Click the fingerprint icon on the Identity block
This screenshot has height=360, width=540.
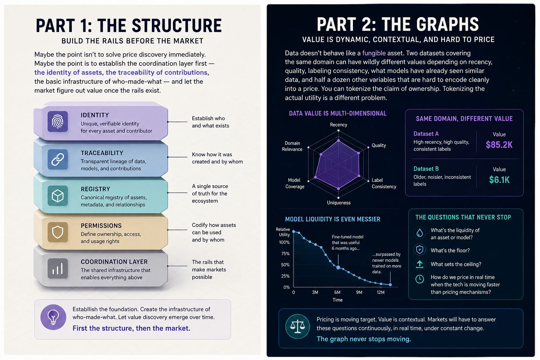[58, 121]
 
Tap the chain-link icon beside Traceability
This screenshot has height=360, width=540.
[58, 159]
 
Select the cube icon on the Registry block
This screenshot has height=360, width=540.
[58, 195]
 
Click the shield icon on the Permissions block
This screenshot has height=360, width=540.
[58, 232]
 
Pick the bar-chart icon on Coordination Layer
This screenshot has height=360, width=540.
[58, 268]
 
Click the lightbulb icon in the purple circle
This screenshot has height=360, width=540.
[53, 317]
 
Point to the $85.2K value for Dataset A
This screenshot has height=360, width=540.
[499, 145]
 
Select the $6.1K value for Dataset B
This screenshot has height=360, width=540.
[499, 180]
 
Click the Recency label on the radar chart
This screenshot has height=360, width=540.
[339, 125]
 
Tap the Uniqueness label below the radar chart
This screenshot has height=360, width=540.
[339, 202]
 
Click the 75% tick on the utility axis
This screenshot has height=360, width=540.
[285, 253]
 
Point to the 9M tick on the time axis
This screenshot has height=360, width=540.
[359, 292]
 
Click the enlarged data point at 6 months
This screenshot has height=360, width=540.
[338, 268]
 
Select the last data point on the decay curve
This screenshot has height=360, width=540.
[390, 284]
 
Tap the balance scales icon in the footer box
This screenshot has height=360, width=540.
[297, 327]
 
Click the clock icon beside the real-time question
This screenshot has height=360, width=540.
[420, 279]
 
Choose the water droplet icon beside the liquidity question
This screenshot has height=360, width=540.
[420, 233]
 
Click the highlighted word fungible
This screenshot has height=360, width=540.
[374, 53]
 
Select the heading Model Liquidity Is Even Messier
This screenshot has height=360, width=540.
[333, 219]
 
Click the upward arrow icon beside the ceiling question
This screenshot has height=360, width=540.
[420, 264]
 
